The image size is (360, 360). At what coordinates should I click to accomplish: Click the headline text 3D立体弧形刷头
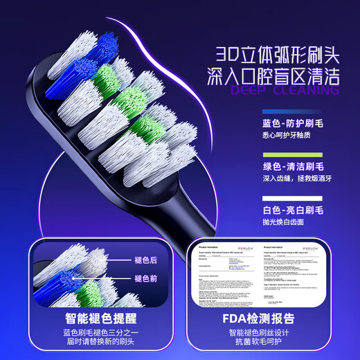[x=276, y=53]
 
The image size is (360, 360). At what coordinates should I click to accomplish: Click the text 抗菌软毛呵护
[x=267, y=344]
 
